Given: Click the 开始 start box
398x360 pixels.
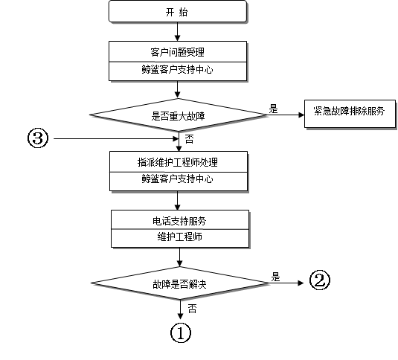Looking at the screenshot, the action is [177, 11].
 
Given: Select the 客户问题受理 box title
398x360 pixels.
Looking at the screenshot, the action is [177, 52].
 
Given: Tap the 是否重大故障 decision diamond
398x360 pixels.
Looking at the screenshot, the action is [178, 115].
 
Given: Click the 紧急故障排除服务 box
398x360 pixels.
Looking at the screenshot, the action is [350, 114].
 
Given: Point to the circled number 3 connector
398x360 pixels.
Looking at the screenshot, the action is [37, 138].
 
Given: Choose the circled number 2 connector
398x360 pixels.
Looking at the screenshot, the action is [320, 280].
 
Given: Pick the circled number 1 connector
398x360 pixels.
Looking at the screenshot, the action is [181, 332].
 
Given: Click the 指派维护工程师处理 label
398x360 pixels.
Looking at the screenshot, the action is [178, 162].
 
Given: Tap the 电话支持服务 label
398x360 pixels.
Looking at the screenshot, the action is [179, 221].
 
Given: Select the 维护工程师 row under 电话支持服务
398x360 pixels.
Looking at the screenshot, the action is [180, 237].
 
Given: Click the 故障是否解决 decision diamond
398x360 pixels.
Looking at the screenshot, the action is [180, 283].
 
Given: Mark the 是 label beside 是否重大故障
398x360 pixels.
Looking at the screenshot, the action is [273, 109].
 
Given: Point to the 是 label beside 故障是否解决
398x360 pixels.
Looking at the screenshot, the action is [275, 277].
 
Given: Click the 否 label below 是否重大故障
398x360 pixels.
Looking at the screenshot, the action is [189, 139].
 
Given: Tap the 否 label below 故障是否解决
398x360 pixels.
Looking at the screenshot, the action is [192, 309].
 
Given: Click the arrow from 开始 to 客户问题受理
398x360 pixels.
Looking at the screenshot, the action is [177, 32].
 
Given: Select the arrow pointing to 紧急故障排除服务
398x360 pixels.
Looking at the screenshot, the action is [286, 115].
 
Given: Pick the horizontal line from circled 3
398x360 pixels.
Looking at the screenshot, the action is [116, 138].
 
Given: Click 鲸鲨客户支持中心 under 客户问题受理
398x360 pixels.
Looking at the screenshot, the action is [177, 70].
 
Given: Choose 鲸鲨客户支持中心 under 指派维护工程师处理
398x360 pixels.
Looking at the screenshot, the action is [177, 179].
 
